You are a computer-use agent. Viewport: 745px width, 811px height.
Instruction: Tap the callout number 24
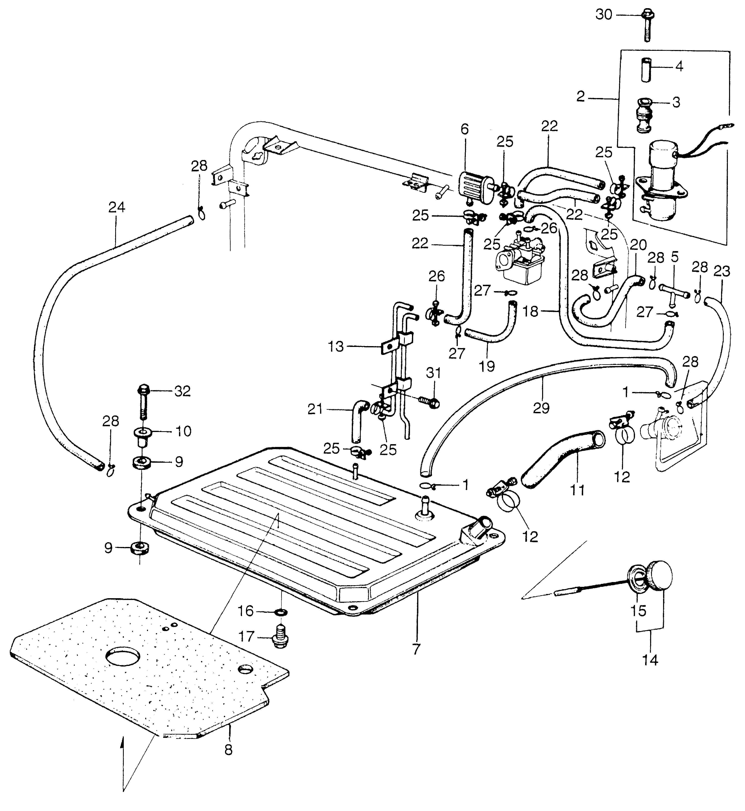point(117,208)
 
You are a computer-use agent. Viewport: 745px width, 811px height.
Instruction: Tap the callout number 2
point(581,97)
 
